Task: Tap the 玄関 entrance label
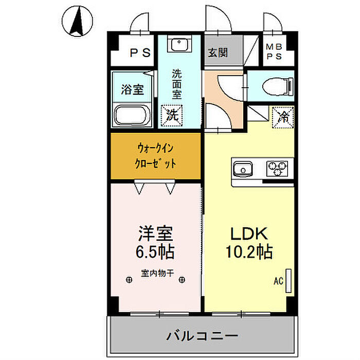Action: click(218, 52)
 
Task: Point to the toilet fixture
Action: click(276, 85)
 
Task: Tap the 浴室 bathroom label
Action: click(132, 89)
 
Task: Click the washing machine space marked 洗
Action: click(171, 114)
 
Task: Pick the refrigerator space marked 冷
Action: click(283, 114)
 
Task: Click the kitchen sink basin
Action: click(243, 169)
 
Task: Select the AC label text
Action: click(278, 281)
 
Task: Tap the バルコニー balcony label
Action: click(201, 336)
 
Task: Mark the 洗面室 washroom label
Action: click(176, 83)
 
